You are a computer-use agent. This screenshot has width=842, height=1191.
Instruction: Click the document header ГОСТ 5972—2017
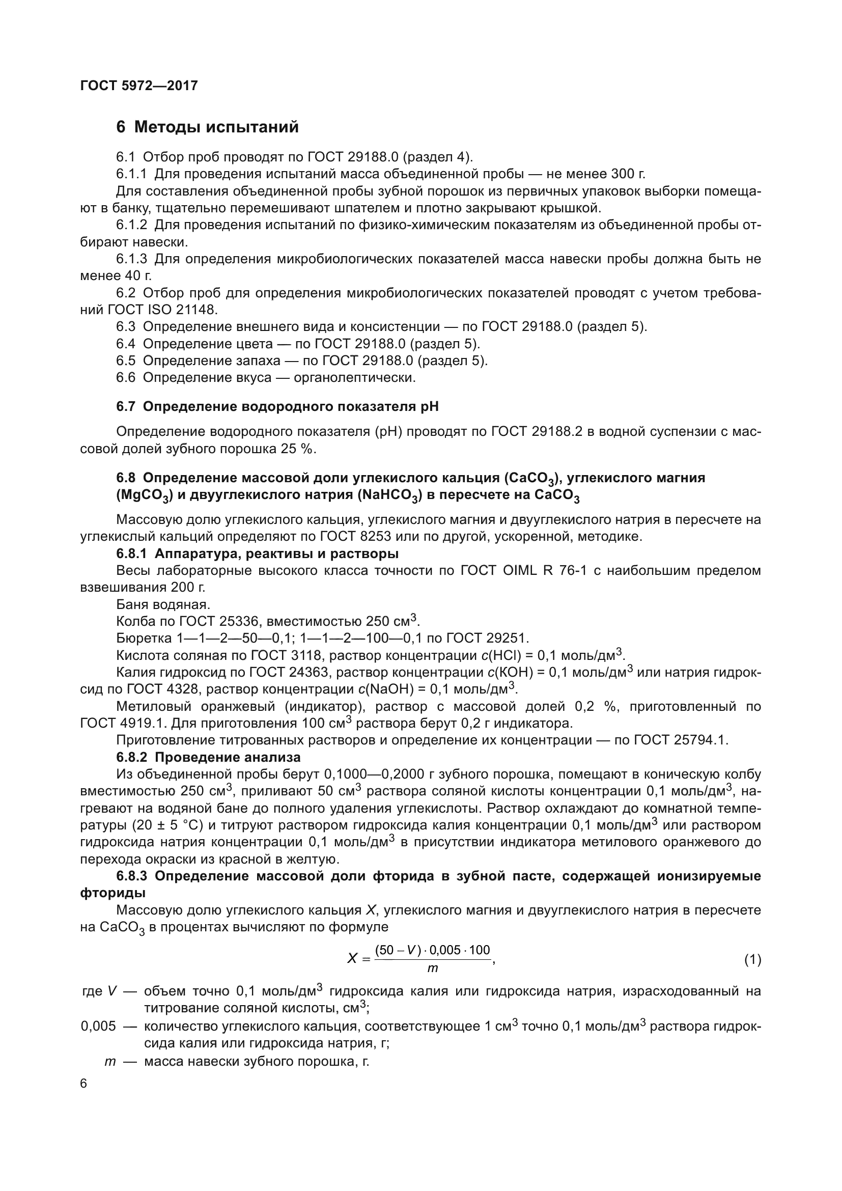139,86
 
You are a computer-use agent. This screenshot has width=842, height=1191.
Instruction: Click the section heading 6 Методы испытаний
207,127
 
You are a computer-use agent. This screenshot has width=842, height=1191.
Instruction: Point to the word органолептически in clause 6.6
354,378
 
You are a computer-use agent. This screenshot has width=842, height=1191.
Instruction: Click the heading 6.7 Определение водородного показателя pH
277,407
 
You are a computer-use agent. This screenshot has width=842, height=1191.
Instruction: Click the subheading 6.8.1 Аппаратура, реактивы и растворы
257,553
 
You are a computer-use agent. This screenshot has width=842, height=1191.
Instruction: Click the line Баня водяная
163,604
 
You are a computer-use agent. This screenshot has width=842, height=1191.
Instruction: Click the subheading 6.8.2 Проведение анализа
208,757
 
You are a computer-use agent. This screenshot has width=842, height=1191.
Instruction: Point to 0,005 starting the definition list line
98,1026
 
